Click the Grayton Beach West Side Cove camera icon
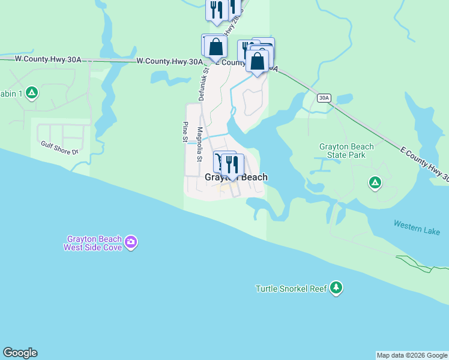131,242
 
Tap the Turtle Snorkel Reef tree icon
337,289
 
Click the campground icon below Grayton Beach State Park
375,182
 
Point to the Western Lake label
417,227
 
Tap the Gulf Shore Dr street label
60,148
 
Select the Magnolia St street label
198,148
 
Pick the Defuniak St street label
202,83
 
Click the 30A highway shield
324,98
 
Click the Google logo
20,353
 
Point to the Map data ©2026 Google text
412,355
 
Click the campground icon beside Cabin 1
32,92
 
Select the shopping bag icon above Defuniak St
215,47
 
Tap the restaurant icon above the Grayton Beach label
232,163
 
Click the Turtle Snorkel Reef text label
291,289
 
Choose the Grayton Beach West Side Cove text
94,242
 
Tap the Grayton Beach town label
236,178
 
